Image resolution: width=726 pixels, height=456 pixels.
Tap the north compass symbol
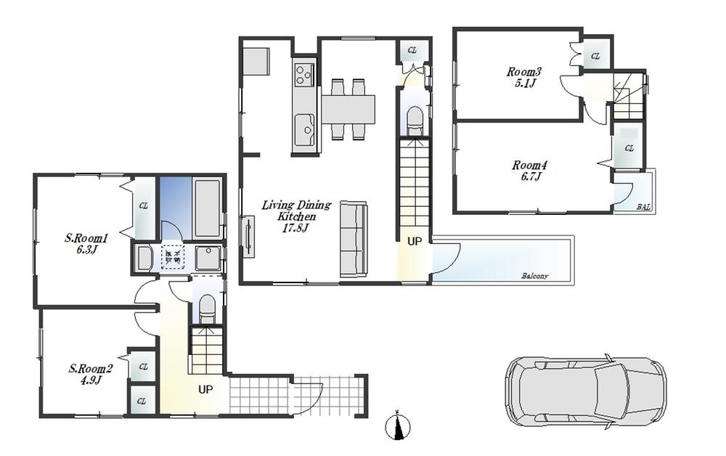coord(399,426)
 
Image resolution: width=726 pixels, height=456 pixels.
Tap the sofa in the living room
coord(354,237)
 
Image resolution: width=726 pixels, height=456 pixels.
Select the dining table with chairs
coord(348,109)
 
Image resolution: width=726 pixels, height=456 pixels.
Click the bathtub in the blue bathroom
coord(208,208)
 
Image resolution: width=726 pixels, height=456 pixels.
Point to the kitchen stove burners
coord(304,74)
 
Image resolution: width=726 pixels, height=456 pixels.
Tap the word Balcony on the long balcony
coord(534,277)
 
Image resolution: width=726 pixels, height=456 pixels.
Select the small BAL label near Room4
coord(643,207)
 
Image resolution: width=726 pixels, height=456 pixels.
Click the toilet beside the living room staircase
coord(415,120)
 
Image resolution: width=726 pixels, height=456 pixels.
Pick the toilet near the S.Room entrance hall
coord(207,308)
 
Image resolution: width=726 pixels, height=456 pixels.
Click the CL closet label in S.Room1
coord(143,206)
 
